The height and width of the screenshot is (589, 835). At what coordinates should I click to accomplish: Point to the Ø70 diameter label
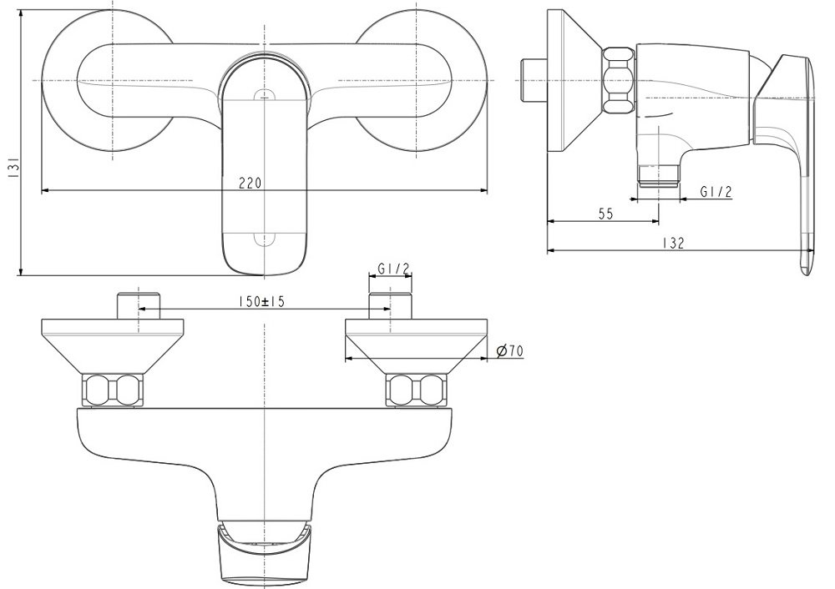click(x=509, y=352)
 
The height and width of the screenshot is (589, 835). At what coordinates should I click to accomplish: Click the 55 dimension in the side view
click(x=605, y=214)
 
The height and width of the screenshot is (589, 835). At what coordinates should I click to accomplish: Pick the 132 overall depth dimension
click(x=675, y=244)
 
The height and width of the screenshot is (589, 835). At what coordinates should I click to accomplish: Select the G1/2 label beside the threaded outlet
click(x=716, y=192)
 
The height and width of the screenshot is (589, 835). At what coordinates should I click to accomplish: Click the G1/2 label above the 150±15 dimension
click(x=392, y=269)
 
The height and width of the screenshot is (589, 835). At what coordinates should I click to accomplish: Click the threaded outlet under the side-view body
click(x=657, y=174)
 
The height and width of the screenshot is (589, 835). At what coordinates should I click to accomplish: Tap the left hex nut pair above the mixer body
click(x=113, y=390)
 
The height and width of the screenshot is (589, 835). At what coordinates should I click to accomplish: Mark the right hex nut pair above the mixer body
click(x=415, y=390)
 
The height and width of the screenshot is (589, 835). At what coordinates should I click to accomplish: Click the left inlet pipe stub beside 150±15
click(x=138, y=305)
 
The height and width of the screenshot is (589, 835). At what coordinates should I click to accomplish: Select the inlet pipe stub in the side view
click(x=531, y=78)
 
